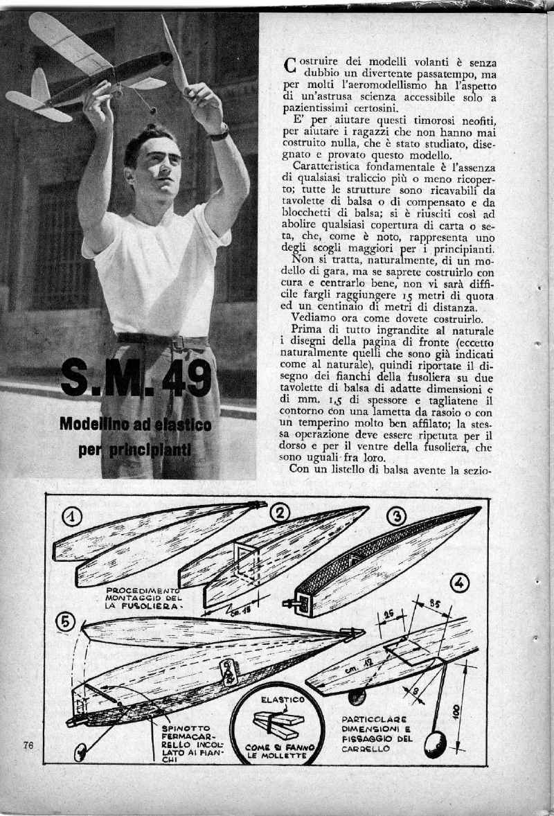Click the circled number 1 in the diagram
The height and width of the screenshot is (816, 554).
(x=73, y=516)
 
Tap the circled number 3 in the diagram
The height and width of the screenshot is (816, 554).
(x=395, y=516)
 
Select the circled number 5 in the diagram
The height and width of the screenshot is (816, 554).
(x=66, y=621)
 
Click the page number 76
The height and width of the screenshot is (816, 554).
(x=28, y=745)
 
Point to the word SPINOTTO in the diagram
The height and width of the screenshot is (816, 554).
(x=181, y=727)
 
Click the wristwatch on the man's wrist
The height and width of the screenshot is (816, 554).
(x=220, y=132)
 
